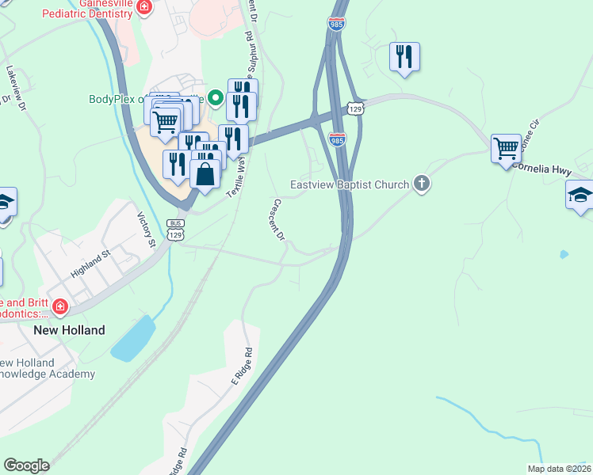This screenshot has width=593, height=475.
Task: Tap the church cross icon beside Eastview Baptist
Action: (x=422, y=184)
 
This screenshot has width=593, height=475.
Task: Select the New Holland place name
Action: (x=69, y=329)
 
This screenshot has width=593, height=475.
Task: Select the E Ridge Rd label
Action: (x=242, y=366)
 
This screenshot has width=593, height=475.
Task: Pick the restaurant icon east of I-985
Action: (x=405, y=56)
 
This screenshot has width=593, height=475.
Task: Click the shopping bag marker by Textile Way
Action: (x=205, y=174)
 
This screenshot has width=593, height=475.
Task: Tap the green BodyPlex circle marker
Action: (x=214, y=99)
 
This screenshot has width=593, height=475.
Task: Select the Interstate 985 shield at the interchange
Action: (x=337, y=139)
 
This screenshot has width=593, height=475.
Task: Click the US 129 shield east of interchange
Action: (x=356, y=107)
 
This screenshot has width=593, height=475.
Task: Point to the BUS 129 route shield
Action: (x=176, y=230)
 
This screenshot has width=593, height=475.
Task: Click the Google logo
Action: (x=26, y=465)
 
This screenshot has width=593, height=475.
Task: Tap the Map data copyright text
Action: (x=559, y=469)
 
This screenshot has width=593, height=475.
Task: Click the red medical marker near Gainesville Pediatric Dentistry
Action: (x=143, y=7)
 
